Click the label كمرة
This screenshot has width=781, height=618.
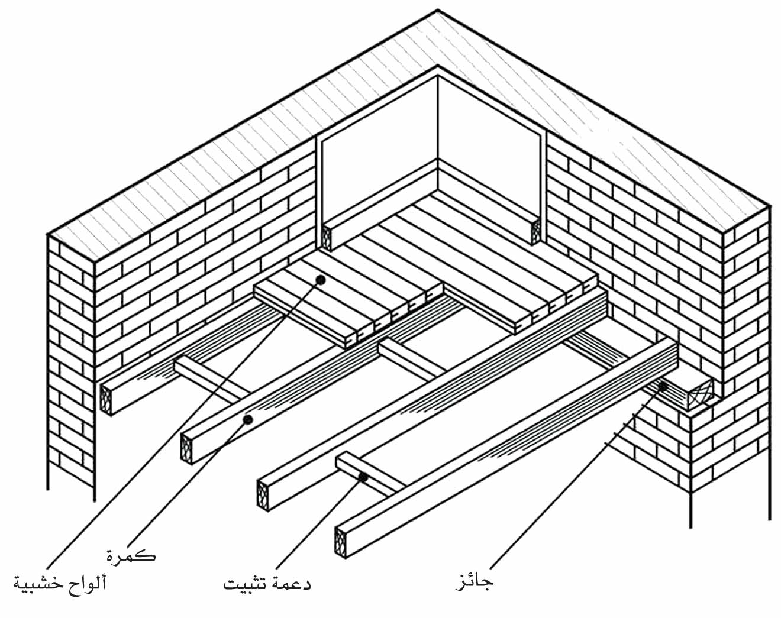[x=131, y=556]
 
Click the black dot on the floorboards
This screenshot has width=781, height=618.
[x=320, y=279]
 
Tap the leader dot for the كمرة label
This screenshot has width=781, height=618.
[x=248, y=419]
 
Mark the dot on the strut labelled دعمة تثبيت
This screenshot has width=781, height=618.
[x=363, y=477]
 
